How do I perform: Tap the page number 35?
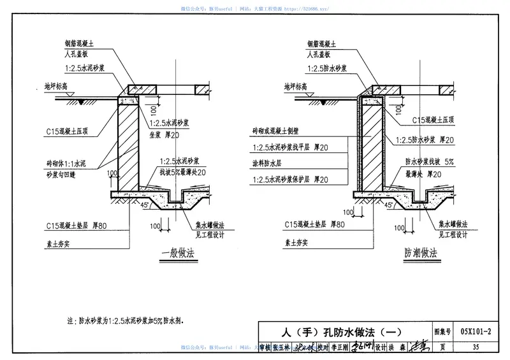coord(476,347)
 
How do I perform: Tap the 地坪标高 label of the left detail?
coord(59,85)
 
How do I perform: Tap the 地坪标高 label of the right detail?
coord(299,85)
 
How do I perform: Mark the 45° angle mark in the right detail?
coord(389,205)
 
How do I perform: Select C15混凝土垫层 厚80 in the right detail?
coord(315,225)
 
